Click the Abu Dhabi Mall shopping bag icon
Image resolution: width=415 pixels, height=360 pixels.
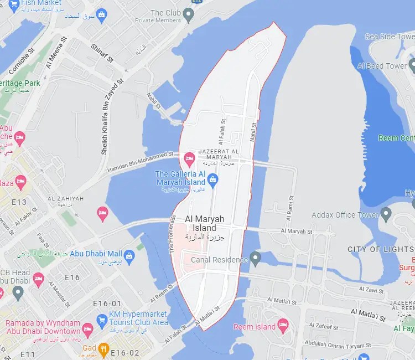coord(129,255)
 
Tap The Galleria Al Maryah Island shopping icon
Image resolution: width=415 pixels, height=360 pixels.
coord(212,179)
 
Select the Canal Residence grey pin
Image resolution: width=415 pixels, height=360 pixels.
coord(255,258)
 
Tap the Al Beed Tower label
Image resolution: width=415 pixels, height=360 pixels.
coord(382,66)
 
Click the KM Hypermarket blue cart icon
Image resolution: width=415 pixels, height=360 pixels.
coord(102,320)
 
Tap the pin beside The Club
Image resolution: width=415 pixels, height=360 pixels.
coord(189,14)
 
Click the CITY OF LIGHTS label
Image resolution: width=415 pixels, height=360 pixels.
coord(380,249)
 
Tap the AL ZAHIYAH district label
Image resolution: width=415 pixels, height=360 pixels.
coord(65,199)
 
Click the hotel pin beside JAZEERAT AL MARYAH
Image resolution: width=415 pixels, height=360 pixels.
coord(189,159)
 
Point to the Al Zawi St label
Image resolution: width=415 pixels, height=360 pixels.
coord(371,290)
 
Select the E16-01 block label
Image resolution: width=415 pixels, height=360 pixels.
coord(107,304)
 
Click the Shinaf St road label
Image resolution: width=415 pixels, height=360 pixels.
coord(101,53)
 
